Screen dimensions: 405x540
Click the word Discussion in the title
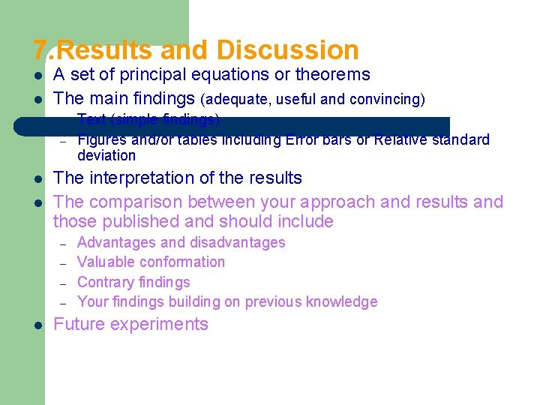pos(287,50)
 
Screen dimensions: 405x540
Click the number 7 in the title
pos(40,50)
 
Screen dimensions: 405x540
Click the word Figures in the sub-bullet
pos(100,140)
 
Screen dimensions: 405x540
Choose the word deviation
pos(106,156)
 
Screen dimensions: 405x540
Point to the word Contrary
pos(104,282)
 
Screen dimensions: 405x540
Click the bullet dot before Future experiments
pos(37,325)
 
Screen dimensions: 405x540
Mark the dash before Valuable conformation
pos(64,262)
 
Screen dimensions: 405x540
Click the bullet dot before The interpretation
pos(37,179)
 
